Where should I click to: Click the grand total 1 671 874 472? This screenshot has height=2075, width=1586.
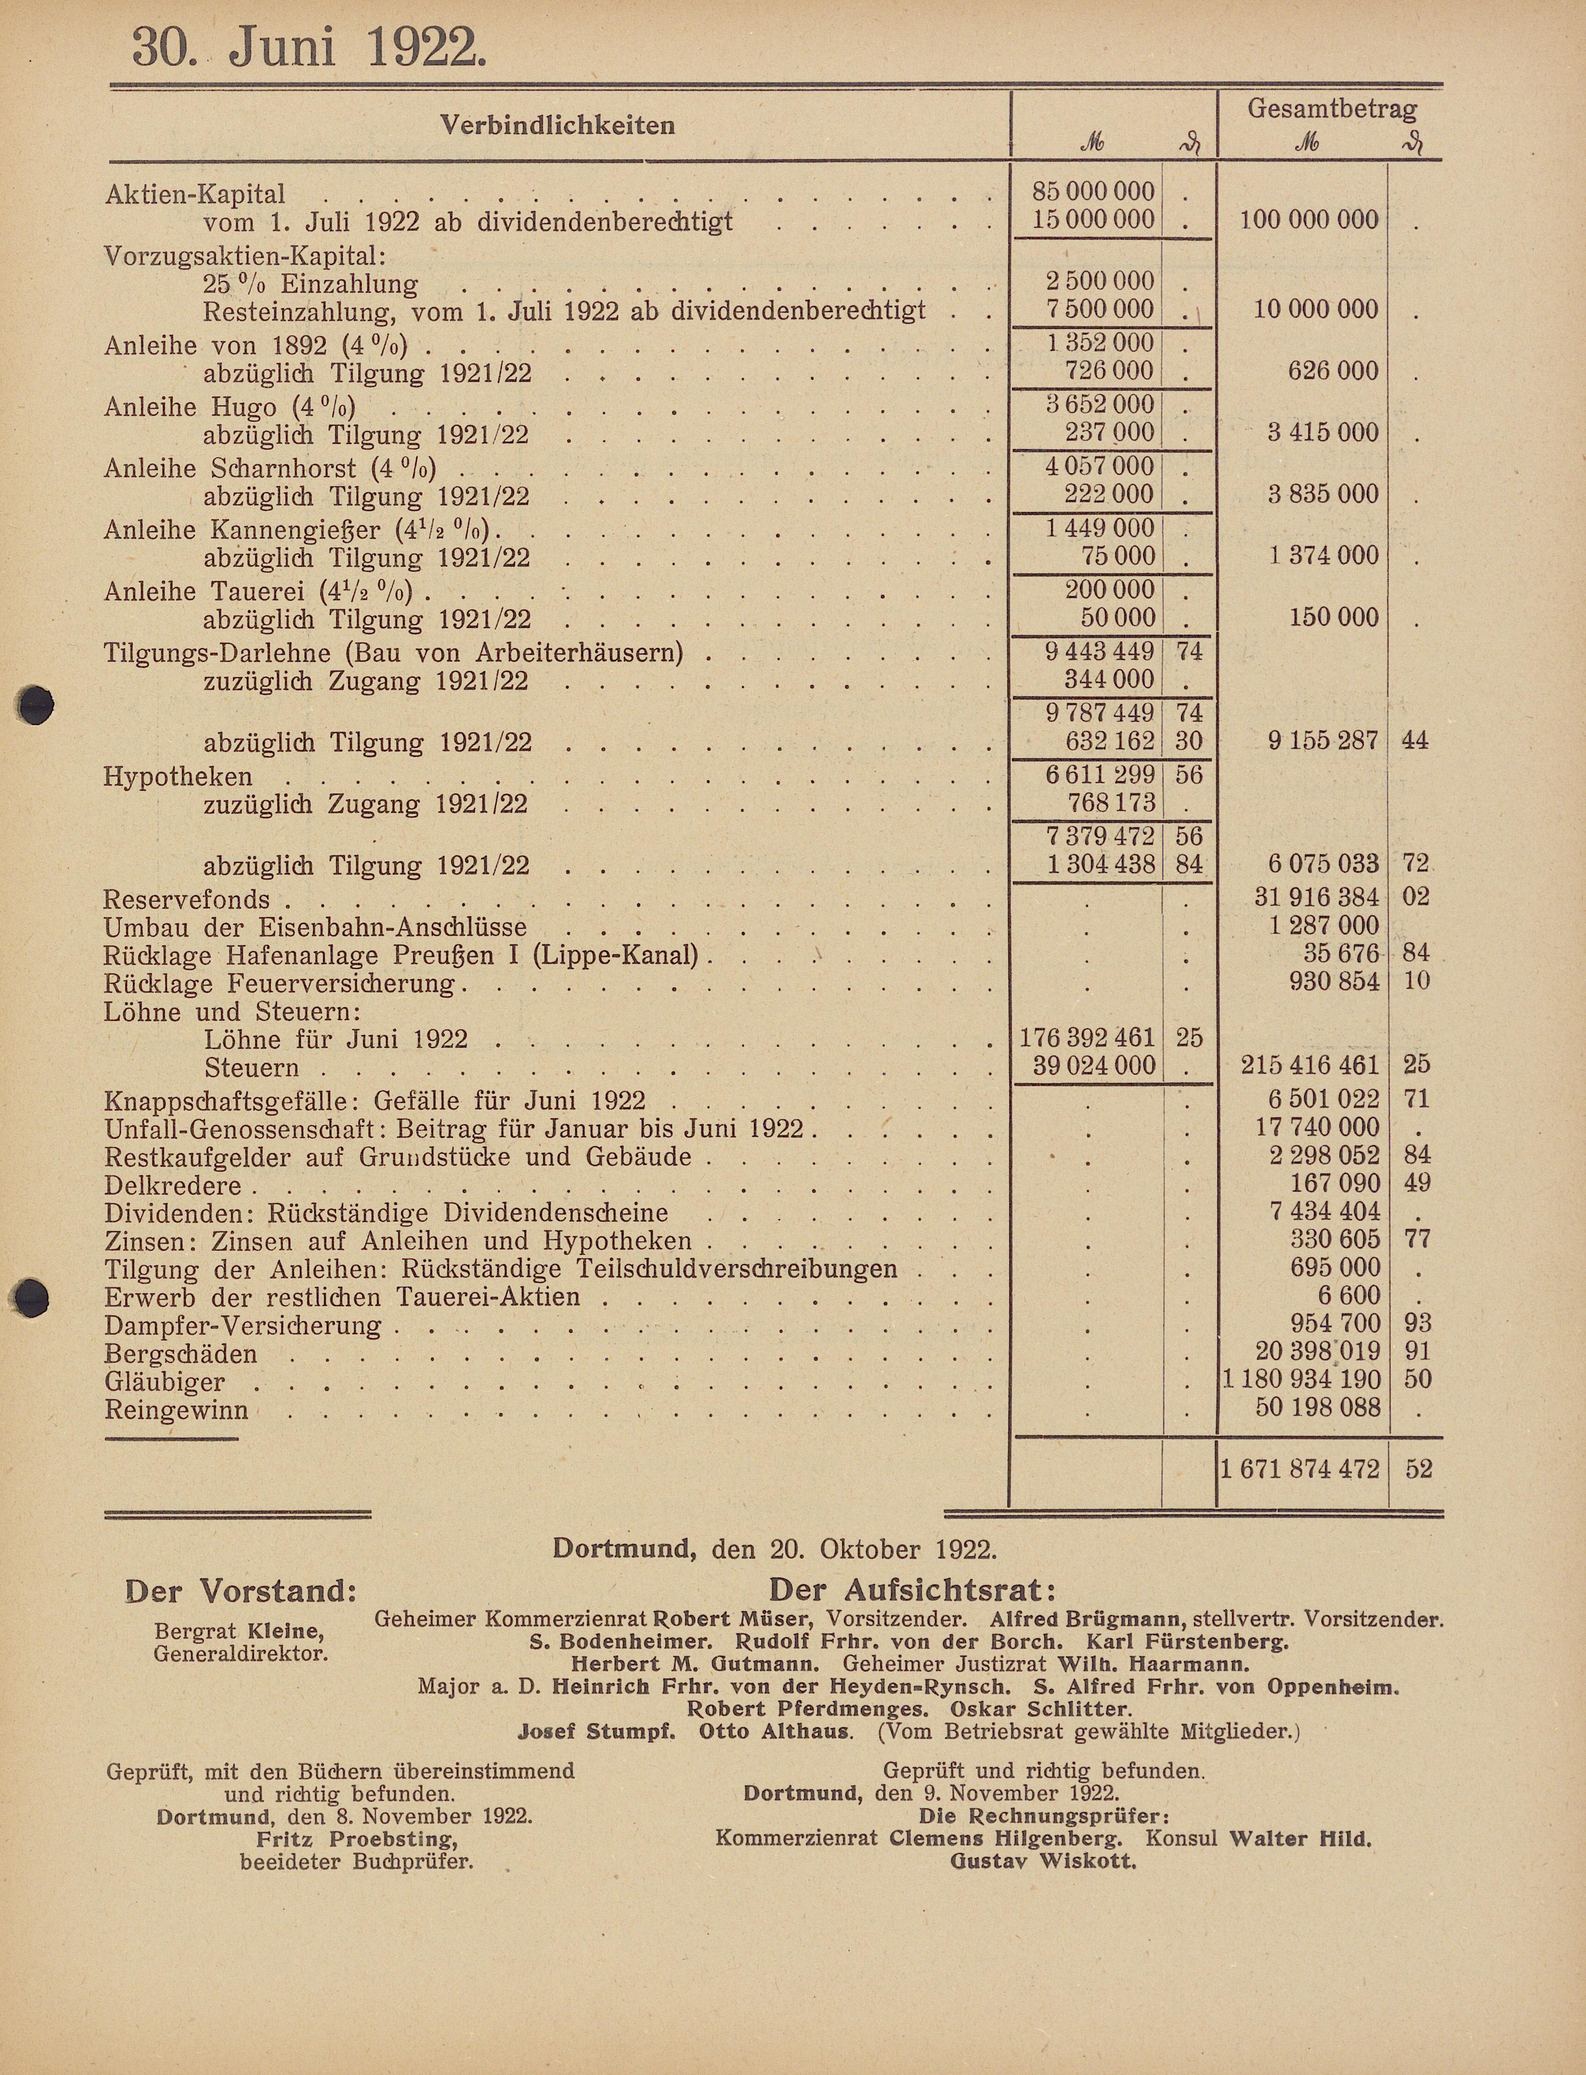(x=1300, y=1469)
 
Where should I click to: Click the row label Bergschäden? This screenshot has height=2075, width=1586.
(x=180, y=1354)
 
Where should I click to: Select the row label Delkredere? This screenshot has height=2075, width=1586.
(x=173, y=1186)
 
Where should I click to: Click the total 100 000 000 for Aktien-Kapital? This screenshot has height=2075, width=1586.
(x=1309, y=220)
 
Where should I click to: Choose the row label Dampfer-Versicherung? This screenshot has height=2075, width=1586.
(x=243, y=1325)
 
